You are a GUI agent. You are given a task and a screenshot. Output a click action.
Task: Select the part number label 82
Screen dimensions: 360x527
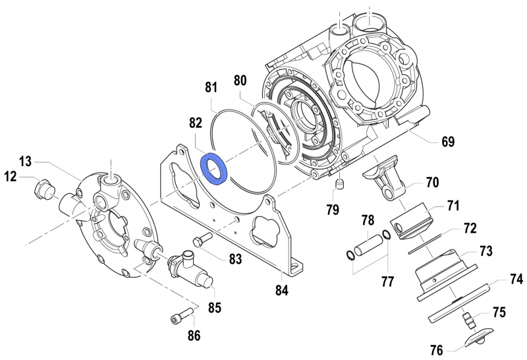pyautogui.click(x=196, y=123)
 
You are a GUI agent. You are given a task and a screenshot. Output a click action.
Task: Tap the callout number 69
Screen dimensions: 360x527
pyautogui.click(x=448, y=141)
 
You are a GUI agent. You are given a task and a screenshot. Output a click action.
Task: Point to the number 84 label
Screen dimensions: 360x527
pyautogui.click(x=282, y=289)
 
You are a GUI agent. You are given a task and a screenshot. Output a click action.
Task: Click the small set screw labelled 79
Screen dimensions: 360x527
pyautogui.click(x=340, y=185)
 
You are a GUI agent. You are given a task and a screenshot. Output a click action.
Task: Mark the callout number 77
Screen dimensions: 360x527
pyautogui.click(x=387, y=282)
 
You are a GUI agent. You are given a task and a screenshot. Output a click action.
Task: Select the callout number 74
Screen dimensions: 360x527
pyautogui.click(x=516, y=279)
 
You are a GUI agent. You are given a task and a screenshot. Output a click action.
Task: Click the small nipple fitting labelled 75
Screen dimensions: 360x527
pyautogui.click(x=468, y=321)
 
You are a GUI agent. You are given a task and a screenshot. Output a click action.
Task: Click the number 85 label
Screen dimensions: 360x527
pyautogui.click(x=214, y=307)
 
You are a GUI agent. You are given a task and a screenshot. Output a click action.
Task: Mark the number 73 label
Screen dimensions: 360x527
pyautogui.click(x=486, y=251)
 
